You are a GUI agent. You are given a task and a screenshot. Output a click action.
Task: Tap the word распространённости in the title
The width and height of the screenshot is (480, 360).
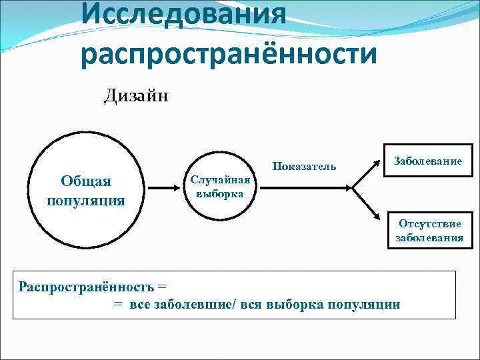click(x=229, y=55)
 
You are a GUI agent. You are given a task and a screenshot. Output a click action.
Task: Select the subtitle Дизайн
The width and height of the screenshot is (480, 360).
click(x=137, y=97)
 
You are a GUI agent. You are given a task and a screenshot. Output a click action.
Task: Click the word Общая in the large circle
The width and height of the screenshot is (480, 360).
click(x=86, y=181)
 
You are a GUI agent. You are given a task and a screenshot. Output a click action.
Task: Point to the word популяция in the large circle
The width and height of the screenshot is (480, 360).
click(x=86, y=200)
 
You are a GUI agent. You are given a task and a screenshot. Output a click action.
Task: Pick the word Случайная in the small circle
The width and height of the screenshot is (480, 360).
click(x=220, y=180)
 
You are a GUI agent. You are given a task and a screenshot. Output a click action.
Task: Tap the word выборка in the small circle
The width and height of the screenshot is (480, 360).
click(x=220, y=193)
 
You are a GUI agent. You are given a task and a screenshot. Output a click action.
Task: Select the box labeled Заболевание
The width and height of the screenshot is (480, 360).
click(x=428, y=161)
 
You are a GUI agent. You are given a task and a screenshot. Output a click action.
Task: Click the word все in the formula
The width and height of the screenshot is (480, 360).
click(x=138, y=305)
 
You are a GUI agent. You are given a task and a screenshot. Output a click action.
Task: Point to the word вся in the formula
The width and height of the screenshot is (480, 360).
click(x=249, y=305)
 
